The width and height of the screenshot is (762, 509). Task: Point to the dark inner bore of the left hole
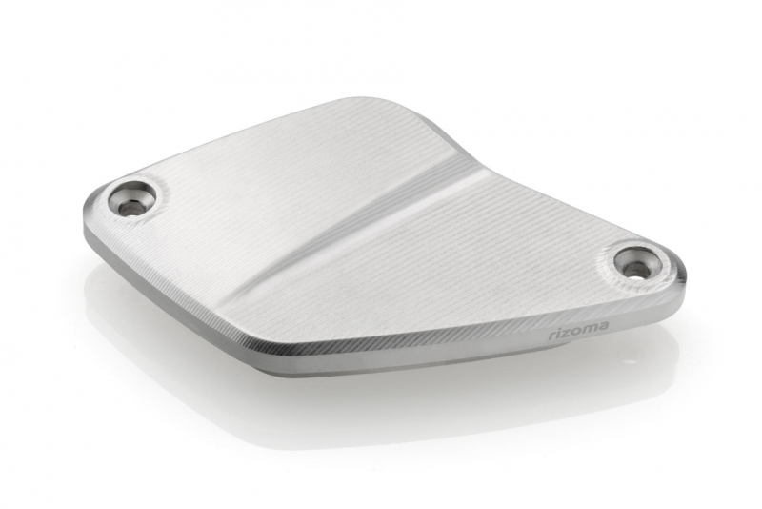(x=130, y=209)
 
